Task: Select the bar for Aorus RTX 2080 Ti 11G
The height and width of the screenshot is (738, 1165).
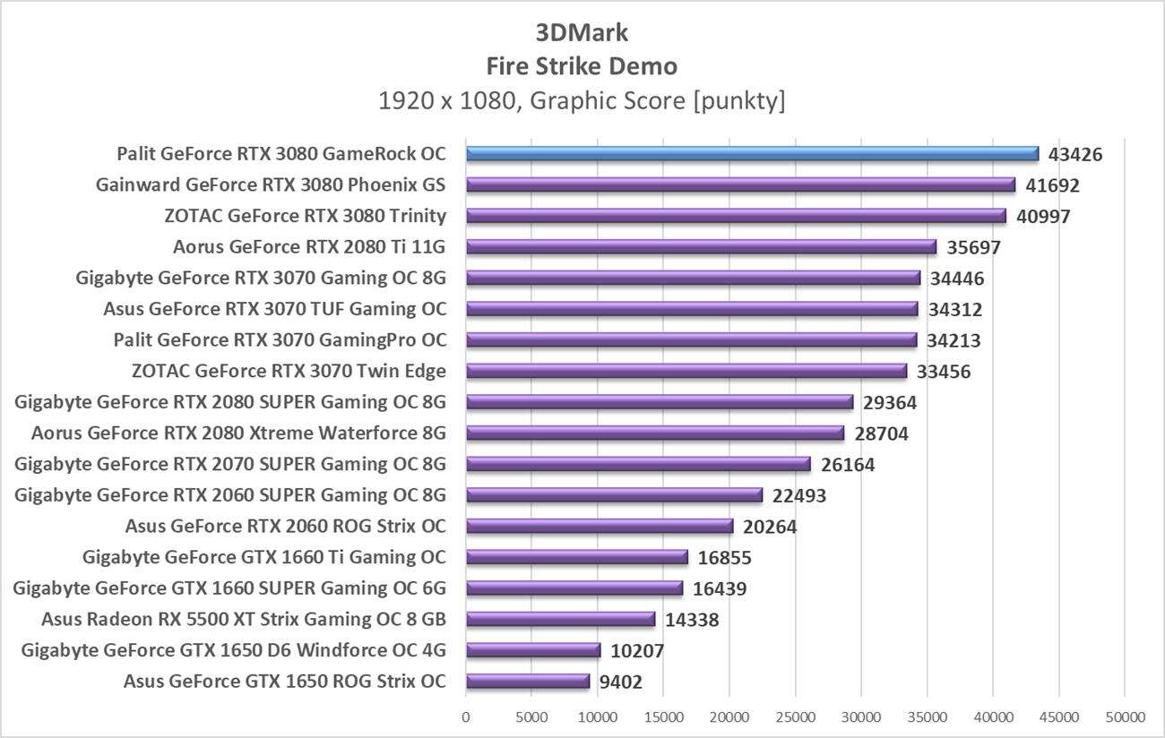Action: point(701,247)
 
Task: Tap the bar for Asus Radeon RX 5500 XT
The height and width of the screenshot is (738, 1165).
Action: point(560,620)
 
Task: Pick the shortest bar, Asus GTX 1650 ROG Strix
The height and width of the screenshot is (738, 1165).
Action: point(528,682)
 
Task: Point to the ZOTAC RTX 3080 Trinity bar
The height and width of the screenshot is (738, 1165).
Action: point(735,216)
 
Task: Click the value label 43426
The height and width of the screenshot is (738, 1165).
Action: point(1075,154)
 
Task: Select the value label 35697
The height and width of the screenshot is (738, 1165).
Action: point(974,247)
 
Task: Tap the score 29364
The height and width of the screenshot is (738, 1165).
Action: point(890,402)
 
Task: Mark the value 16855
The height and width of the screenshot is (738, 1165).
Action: point(724,558)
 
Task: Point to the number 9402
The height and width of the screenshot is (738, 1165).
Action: point(620,682)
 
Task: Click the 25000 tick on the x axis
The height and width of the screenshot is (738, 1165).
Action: point(795,717)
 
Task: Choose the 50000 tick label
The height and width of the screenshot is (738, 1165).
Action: point(1125,717)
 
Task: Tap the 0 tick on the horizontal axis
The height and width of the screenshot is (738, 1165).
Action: point(466,717)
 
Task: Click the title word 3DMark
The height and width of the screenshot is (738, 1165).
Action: point(582,33)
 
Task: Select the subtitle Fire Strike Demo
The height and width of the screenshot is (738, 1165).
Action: point(582,66)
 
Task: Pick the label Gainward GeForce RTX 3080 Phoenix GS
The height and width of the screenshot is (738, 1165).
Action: point(271,185)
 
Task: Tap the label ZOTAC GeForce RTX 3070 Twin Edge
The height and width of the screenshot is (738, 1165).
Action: point(289,371)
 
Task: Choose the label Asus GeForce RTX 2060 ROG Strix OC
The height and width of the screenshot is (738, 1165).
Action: point(286,527)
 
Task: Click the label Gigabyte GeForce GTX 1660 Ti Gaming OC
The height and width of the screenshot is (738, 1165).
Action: point(264,558)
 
